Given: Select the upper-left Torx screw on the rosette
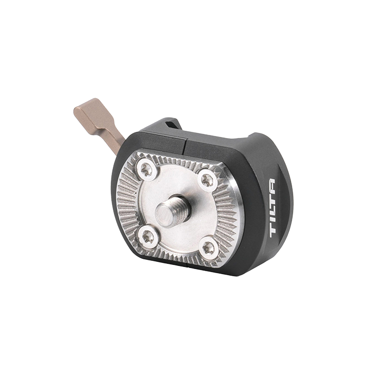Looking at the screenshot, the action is click(147, 169).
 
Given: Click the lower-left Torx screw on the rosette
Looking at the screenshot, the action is click(147, 237).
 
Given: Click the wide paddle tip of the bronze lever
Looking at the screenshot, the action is click(87, 110).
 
